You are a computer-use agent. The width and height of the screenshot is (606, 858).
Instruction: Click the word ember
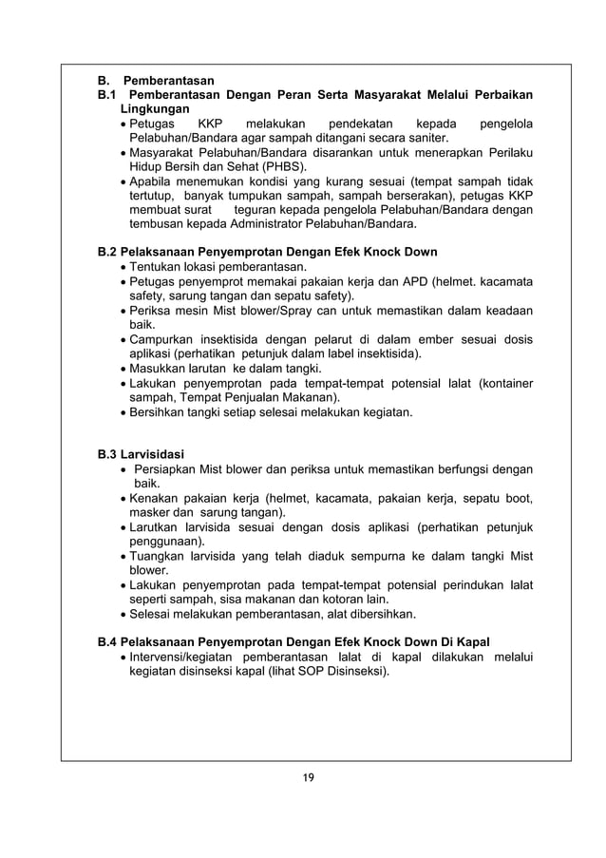[x=388, y=339]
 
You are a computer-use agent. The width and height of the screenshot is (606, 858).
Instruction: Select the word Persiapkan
[x=171, y=468]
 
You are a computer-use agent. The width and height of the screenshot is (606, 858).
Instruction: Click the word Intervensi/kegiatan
[x=180, y=658]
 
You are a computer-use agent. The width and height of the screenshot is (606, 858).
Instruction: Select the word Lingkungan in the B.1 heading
[x=147, y=109]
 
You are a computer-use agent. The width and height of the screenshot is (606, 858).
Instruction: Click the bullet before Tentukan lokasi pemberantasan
[x=123, y=268]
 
